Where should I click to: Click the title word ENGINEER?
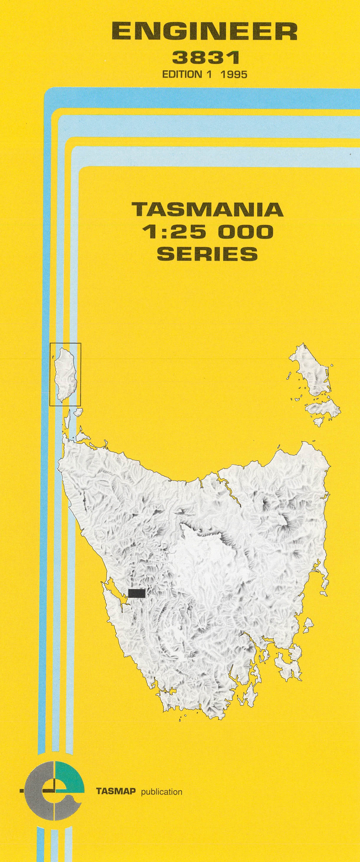204,33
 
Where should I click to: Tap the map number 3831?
205,58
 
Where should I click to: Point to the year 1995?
234,74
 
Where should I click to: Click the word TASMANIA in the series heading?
207,210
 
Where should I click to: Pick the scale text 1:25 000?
207,232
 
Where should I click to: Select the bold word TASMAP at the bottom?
116,792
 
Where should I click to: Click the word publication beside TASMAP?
162,792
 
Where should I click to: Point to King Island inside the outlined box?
65,373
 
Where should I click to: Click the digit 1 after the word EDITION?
210,74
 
